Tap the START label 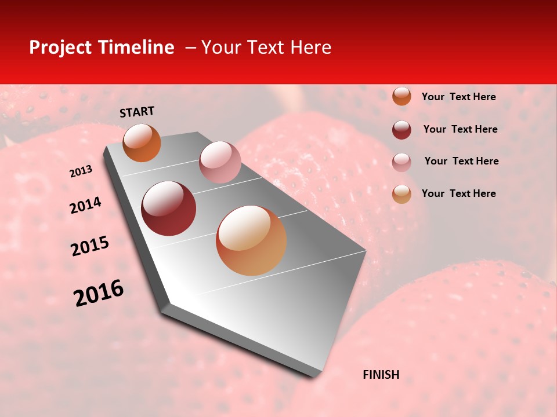click(x=137, y=112)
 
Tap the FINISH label click(x=381, y=375)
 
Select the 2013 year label click(x=81, y=171)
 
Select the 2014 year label click(x=85, y=206)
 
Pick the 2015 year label click(x=90, y=246)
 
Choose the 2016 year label click(x=99, y=293)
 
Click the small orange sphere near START click(x=142, y=142)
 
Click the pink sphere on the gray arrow click(x=220, y=162)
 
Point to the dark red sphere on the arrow click(x=169, y=209)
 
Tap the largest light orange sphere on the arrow click(x=251, y=240)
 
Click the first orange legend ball click(x=402, y=96)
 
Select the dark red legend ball click(x=402, y=130)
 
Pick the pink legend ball click(x=402, y=162)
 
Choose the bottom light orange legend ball click(x=402, y=194)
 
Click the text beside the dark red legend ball click(x=460, y=129)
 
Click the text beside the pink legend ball click(x=461, y=161)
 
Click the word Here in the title click(x=310, y=47)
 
